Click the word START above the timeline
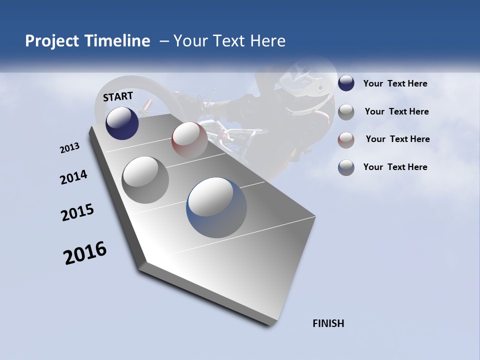click(x=118, y=96)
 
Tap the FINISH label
click(x=328, y=323)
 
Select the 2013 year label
click(x=69, y=148)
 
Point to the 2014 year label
click(x=73, y=177)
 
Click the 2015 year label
click(x=77, y=212)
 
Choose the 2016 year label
click(x=85, y=253)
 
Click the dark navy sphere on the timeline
click(x=122, y=123)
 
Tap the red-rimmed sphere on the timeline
click(x=189, y=139)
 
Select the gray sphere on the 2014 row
click(x=145, y=179)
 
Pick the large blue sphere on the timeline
click(x=216, y=206)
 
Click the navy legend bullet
click(x=346, y=83)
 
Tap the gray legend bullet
click(x=346, y=111)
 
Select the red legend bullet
click(x=346, y=139)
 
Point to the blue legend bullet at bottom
click(x=346, y=167)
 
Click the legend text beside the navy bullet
click(x=395, y=83)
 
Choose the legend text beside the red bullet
click(x=397, y=139)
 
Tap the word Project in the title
click(x=51, y=41)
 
